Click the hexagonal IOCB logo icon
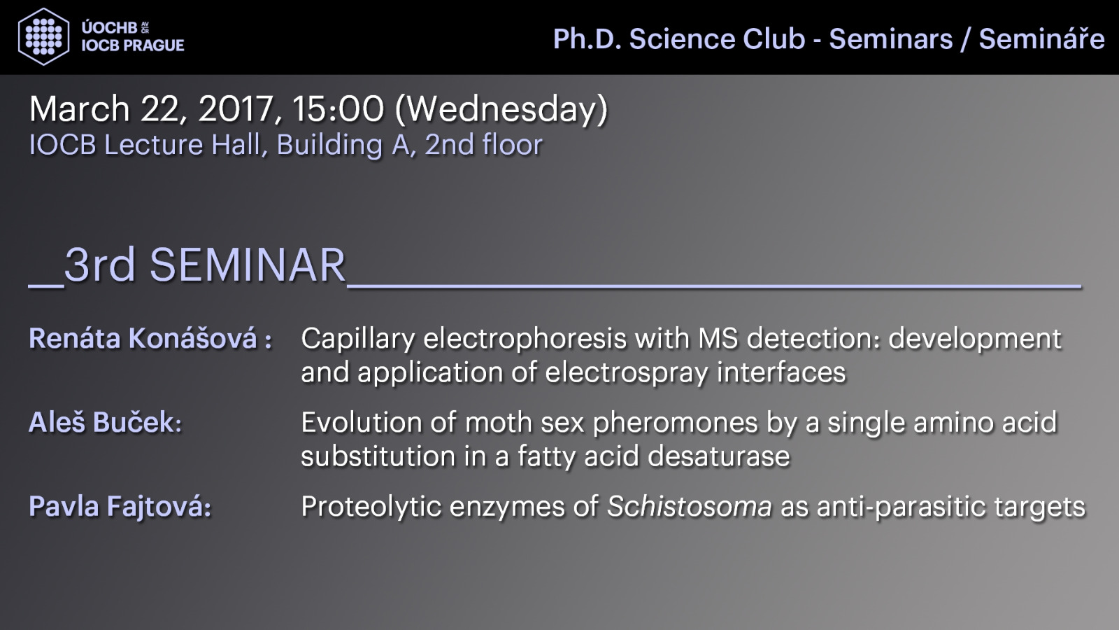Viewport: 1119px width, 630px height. (43, 36)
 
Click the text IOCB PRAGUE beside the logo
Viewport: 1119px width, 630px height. (133, 45)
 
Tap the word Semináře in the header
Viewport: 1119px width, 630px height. (1041, 38)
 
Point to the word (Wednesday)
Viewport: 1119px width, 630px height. (501, 110)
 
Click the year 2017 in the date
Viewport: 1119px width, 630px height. (236, 109)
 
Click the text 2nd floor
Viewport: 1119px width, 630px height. (483, 145)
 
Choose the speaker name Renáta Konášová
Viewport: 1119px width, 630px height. (143, 338)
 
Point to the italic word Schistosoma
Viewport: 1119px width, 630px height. (690, 506)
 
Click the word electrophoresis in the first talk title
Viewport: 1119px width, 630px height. (525, 339)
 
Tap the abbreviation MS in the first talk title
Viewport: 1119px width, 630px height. (718, 338)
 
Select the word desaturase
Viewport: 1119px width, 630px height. (719, 456)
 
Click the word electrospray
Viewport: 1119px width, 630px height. (626, 373)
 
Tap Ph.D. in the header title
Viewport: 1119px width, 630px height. (587, 38)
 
